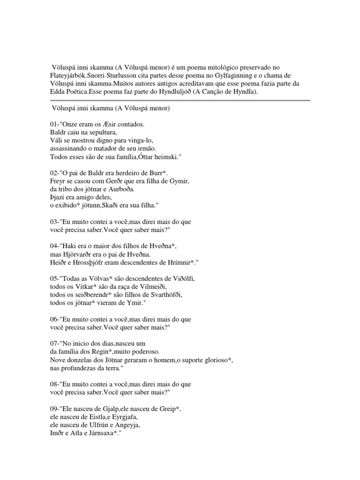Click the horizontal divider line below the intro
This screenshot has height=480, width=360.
(180, 100)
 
